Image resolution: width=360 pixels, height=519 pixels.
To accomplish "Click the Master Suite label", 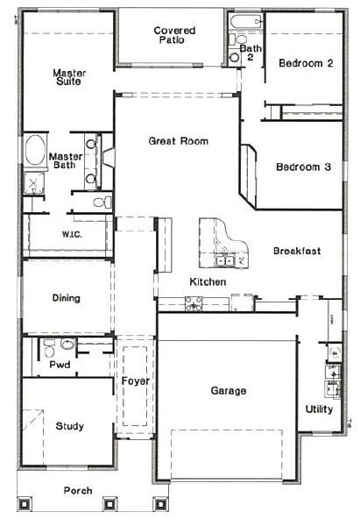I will [67, 77].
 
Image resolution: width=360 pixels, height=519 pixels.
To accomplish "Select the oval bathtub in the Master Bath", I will [37, 151].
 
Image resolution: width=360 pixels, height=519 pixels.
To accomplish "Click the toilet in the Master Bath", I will [101, 202].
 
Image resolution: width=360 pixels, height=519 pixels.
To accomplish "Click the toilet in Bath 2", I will [235, 56].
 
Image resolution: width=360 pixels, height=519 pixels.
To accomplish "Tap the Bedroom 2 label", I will [306, 63].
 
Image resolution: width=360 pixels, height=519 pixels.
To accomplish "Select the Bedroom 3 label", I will [303, 167].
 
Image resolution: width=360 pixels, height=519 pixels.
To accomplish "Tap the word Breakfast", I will [296, 251].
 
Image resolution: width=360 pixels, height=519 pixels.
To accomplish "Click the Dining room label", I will [66, 298].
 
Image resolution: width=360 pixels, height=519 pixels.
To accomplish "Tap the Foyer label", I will [135, 382].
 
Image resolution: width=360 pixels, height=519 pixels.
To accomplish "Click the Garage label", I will [228, 390].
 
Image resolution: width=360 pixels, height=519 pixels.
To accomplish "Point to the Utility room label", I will [319, 409].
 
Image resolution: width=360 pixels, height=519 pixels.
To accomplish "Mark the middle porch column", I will [110, 504].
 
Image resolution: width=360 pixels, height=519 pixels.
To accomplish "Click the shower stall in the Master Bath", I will [35, 182].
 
